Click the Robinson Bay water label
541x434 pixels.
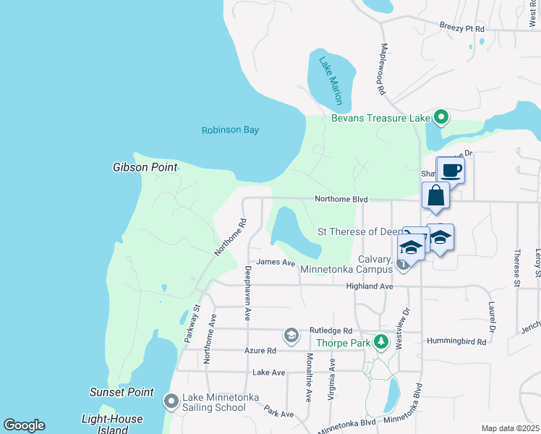(x=230, y=130)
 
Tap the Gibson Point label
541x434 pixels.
(x=145, y=167)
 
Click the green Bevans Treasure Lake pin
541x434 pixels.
(x=439, y=117)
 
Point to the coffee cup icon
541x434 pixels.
(x=451, y=171)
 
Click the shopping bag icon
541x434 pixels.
(x=436, y=195)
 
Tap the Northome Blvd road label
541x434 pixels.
(x=341, y=200)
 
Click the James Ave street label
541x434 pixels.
(x=276, y=263)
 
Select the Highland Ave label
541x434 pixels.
(x=369, y=286)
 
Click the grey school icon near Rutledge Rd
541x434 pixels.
(x=291, y=334)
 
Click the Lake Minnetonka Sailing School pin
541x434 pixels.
(x=171, y=400)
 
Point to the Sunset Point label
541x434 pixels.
(x=122, y=392)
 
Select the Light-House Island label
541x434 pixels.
(x=112, y=425)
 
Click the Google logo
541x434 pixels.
(x=25, y=425)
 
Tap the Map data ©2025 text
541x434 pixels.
(x=510, y=428)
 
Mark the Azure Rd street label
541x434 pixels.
(x=261, y=350)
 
